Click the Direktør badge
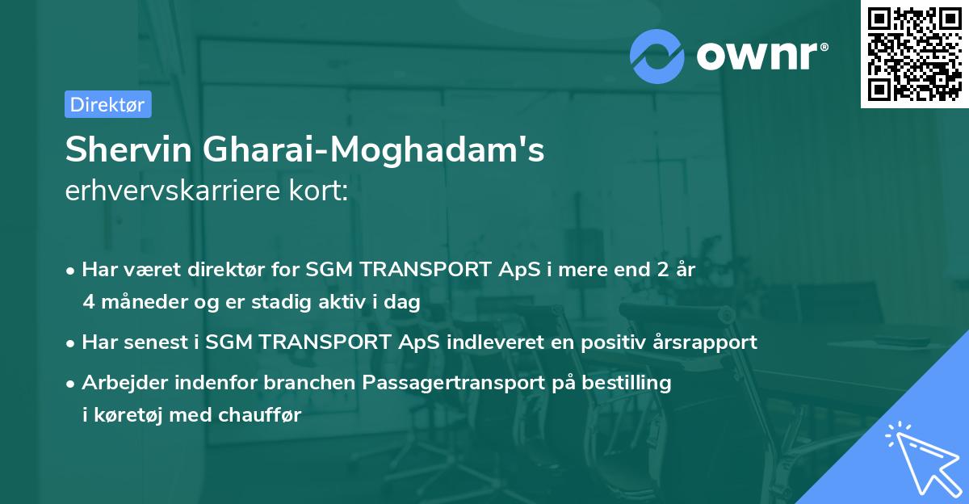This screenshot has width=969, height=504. tap(107, 104)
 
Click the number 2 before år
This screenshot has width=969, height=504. tap(667, 271)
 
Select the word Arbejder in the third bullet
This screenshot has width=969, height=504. tap(119, 382)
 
